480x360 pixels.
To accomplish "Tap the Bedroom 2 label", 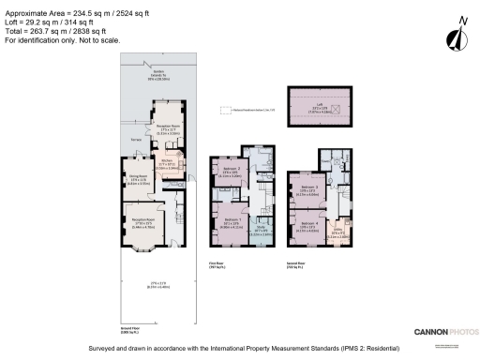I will [232, 171].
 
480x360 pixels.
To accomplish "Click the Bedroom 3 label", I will [310, 190].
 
